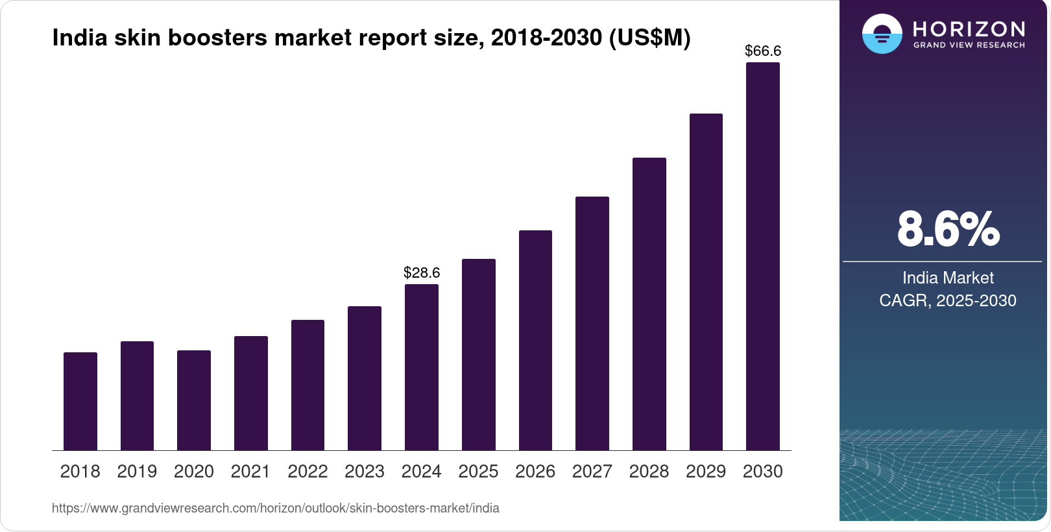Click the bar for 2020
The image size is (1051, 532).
pyautogui.click(x=194, y=400)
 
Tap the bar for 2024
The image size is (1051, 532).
pyautogui.click(x=422, y=367)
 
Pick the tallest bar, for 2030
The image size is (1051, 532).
pyautogui.click(x=763, y=256)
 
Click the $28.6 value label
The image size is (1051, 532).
pyautogui.click(x=422, y=272)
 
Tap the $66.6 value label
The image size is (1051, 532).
pyautogui.click(x=763, y=51)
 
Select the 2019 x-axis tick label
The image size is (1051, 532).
pyautogui.click(x=137, y=472)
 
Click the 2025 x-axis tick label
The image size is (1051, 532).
pyautogui.click(x=478, y=472)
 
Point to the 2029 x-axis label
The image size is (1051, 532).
pyautogui.click(x=706, y=472)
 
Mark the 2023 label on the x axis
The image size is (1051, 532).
pyautogui.click(x=365, y=472)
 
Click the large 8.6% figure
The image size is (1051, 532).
pyautogui.click(x=948, y=229)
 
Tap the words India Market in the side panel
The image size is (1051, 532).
pyautogui.click(x=948, y=278)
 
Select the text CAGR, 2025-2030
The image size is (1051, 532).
pyautogui.click(x=948, y=300)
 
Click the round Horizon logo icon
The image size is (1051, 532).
pyautogui.click(x=882, y=34)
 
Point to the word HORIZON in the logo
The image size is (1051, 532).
pyautogui.click(x=969, y=29)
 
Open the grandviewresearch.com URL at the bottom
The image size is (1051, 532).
pyautogui.click(x=276, y=508)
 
